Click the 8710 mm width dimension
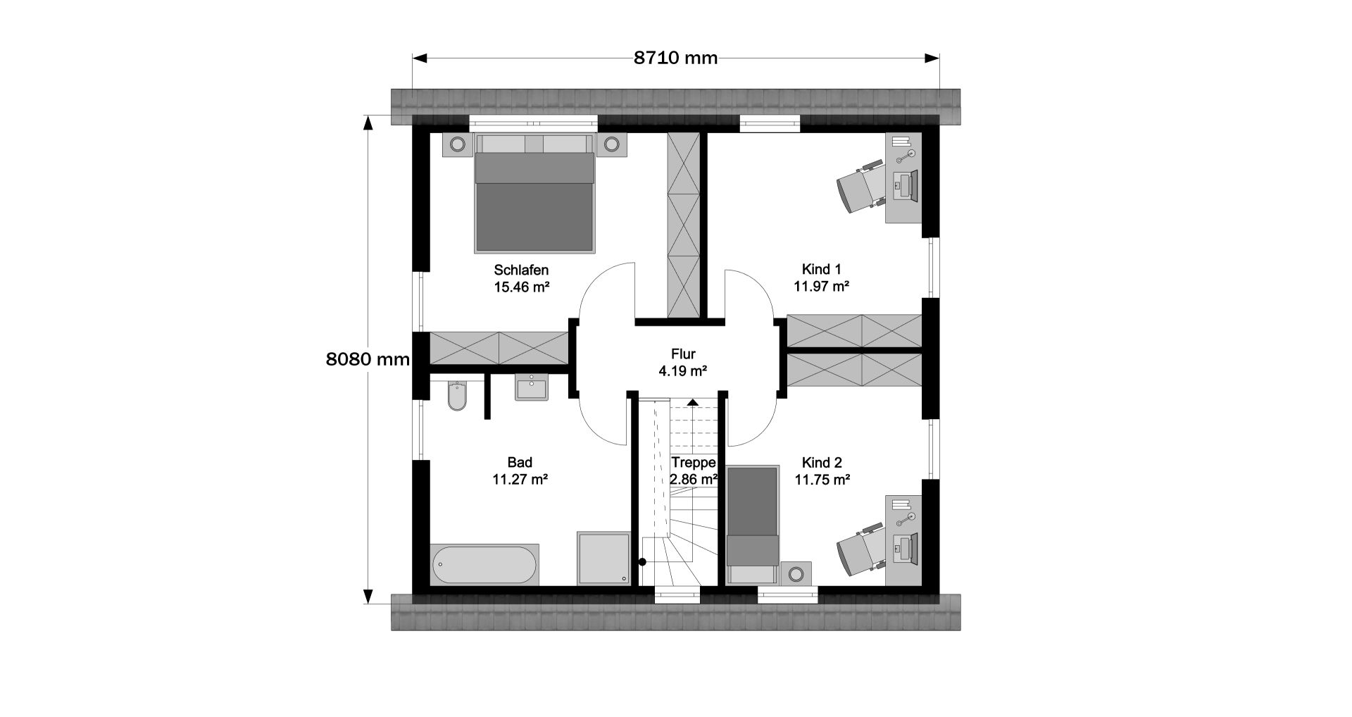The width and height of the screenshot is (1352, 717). click(675, 58)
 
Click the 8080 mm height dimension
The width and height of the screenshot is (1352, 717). click(368, 359)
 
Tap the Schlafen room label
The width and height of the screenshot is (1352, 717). click(521, 270)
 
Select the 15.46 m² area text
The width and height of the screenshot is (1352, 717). click(521, 287)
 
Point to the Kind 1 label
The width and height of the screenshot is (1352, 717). click(822, 269)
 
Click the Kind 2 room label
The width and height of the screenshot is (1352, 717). click(822, 463)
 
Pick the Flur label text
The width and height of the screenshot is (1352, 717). click(683, 354)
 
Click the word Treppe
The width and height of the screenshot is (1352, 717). click(694, 463)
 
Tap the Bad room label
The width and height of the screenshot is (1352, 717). click(520, 463)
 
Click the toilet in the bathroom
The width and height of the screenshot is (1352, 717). click(457, 396)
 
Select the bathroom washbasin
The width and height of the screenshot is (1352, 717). click(532, 387)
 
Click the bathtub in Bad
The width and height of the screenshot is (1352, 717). click(484, 564)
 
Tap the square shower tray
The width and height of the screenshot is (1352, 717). click(603, 558)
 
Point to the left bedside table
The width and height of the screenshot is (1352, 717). click(458, 144)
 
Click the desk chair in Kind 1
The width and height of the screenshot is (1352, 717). click(860, 186)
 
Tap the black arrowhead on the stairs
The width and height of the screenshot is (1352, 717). click(693, 402)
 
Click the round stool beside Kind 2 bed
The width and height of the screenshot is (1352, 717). click(796, 573)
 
